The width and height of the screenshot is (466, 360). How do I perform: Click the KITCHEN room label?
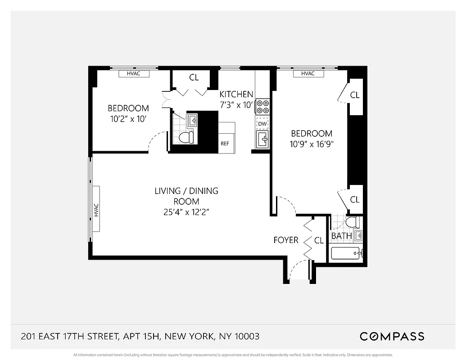point(236,94)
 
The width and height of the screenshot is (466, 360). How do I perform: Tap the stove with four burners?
point(262,107)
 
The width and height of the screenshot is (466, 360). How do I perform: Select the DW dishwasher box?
point(262,123)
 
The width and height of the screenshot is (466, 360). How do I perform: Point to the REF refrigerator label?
point(225,144)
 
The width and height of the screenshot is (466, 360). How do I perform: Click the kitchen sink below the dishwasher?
point(262,139)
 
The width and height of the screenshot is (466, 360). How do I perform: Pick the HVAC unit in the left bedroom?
point(134,73)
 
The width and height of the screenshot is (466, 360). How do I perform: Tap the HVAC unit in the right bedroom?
point(308,73)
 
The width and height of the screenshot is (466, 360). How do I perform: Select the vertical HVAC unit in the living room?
point(96,210)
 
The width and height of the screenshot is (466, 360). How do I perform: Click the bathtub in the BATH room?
point(346,253)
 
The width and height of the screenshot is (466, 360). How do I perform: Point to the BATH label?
point(341,236)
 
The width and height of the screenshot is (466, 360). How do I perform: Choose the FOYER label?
point(286,240)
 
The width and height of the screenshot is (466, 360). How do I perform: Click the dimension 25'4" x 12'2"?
point(186,212)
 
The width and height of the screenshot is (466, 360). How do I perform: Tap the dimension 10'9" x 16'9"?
point(312,144)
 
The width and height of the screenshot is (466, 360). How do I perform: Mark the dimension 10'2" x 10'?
point(128,119)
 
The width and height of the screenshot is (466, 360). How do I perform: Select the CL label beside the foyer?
point(319,240)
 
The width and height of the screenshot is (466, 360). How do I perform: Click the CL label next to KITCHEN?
point(194,77)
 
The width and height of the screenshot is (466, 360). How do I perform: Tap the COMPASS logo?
point(392,336)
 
